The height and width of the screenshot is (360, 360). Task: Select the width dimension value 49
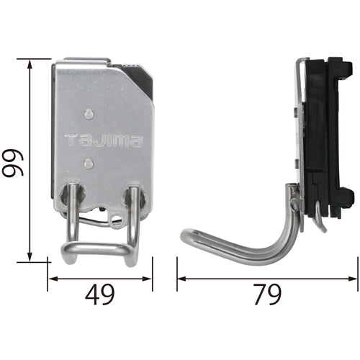point(99,294)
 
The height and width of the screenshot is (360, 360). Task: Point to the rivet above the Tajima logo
point(88,114)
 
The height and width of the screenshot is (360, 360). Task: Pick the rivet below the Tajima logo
point(88,163)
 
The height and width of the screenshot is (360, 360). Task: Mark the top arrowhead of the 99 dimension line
point(30,63)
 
